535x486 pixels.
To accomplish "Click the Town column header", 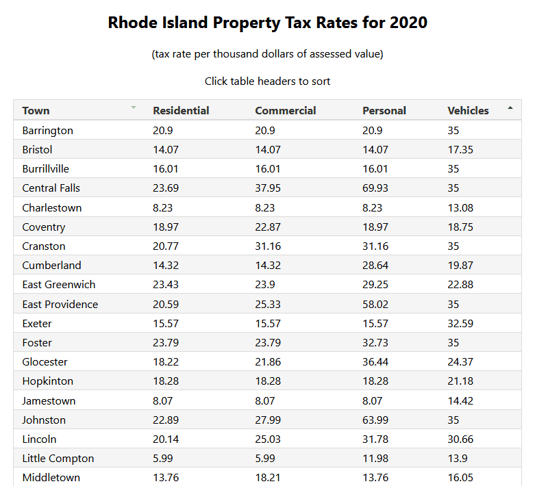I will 36,110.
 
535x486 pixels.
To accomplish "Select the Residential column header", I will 181,110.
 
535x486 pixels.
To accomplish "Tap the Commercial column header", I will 285,110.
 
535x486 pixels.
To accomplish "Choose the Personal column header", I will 384,110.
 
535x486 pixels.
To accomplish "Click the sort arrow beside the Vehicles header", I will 510,108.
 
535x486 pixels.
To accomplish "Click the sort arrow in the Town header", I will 134,108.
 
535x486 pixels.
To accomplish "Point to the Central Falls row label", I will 51,188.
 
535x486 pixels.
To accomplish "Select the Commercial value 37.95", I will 268,188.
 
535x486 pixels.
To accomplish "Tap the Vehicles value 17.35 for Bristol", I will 460,149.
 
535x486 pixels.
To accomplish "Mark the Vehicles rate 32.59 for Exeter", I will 460,323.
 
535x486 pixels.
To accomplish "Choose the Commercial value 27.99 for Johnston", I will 268,420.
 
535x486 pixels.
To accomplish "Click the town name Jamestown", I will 49,400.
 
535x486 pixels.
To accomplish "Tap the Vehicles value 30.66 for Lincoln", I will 460,439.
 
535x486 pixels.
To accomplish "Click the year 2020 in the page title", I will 408,23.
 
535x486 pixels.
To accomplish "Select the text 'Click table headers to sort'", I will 267,81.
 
